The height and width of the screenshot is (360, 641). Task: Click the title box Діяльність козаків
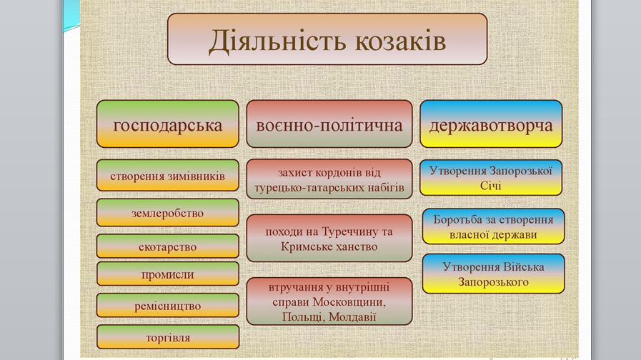[327, 39]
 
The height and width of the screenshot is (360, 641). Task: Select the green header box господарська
[168, 124]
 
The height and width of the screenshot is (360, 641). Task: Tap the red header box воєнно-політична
[329, 124]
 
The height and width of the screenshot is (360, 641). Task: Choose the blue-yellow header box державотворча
[491, 124]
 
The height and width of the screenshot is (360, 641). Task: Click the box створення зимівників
[168, 175]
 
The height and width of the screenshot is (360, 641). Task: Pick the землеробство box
[168, 212]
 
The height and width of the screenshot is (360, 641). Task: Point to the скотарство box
[168, 246]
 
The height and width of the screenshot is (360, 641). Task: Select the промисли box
[168, 274]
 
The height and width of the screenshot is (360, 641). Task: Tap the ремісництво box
[168, 305]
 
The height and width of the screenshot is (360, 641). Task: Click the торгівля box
[168, 337]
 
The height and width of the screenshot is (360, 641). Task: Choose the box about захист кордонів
[329, 179]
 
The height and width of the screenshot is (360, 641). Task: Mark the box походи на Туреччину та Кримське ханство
[329, 239]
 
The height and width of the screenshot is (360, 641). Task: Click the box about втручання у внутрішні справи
[329, 301]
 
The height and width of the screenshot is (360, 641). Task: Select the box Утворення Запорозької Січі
[491, 177]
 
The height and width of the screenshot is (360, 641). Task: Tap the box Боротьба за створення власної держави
[493, 226]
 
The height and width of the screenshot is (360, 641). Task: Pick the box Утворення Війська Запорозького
[493, 274]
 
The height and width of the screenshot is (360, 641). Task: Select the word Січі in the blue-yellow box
[490, 186]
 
